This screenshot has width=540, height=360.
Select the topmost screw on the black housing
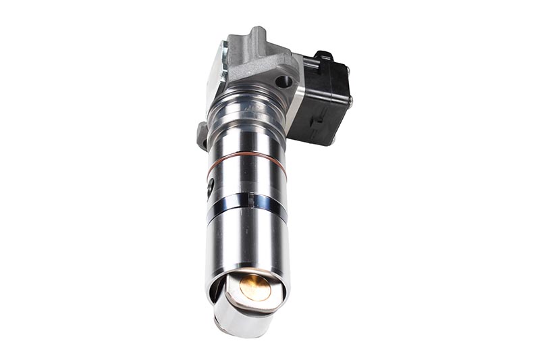(347, 68)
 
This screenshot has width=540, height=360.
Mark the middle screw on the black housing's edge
(350, 101)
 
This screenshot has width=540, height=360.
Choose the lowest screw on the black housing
(333, 140)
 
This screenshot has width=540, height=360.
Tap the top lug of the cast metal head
(256, 35)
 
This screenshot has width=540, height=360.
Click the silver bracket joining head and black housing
(294, 105)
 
